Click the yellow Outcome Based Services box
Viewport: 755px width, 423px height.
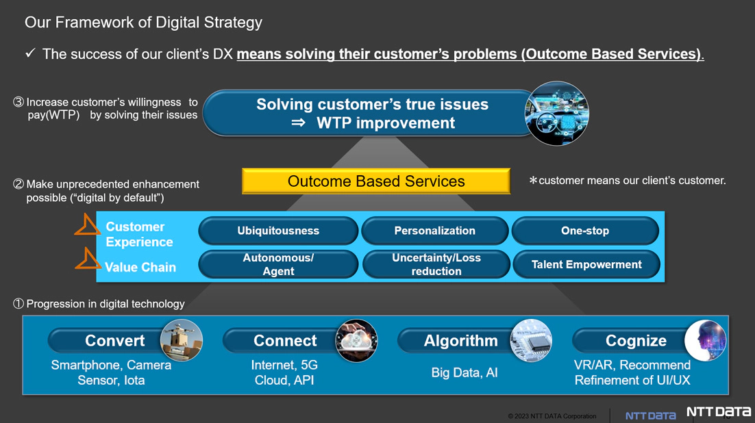coord(376,181)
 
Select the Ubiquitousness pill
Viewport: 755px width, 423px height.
coord(278,231)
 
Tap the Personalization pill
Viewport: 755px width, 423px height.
coord(435,231)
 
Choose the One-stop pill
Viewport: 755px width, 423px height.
coord(585,231)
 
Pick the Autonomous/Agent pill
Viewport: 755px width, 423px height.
coord(278,264)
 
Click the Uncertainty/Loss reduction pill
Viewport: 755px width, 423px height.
coord(436,264)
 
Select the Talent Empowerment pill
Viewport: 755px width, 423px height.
coord(586,264)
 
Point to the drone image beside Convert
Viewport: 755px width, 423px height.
coord(181,340)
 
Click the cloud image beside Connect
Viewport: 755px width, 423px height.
coord(356,340)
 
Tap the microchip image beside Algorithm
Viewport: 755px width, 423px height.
coord(531,340)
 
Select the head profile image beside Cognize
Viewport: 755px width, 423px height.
coord(706,340)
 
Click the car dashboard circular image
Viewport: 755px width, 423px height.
coord(556,114)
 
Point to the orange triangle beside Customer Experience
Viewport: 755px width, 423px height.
coord(87,225)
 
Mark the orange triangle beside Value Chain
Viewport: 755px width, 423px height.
coord(88,259)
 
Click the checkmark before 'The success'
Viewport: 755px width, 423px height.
coord(30,53)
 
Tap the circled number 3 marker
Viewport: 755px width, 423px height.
coord(18,102)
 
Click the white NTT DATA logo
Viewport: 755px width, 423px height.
coord(719,412)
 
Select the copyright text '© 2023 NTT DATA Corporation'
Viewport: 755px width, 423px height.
coord(552,415)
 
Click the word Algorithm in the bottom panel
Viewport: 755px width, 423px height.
coord(461,341)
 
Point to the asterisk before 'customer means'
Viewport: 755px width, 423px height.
coord(533,181)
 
